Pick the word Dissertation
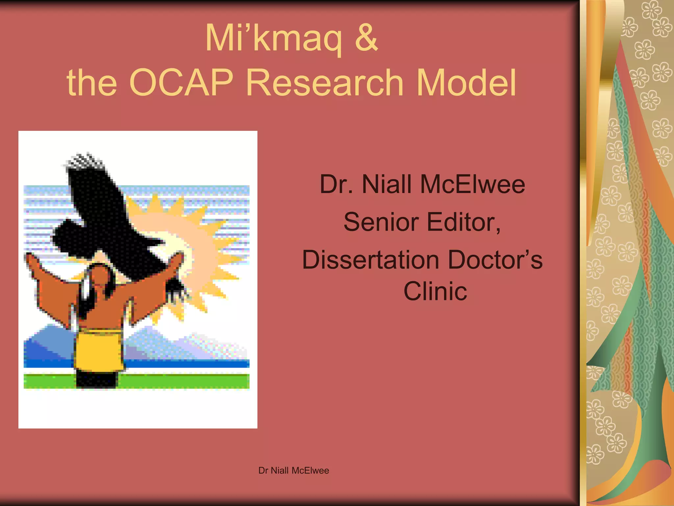(x=371, y=260)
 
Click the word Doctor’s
(x=495, y=260)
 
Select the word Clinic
(x=435, y=291)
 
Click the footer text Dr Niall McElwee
(x=294, y=470)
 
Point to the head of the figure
(x=100, y=275)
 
